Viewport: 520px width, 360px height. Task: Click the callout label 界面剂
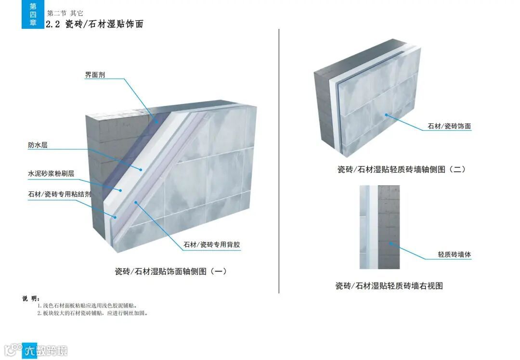click(95, 75)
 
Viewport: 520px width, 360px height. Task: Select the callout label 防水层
click(38, 145)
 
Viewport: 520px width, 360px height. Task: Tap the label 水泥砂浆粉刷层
click(51, 173)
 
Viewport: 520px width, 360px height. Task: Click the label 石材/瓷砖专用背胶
click(212, 244)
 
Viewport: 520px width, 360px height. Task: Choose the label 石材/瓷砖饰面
click(449, 127)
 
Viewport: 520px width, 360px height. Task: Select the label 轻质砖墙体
click(454, 254)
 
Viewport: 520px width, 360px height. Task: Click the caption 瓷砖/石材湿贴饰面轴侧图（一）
click(170, 271)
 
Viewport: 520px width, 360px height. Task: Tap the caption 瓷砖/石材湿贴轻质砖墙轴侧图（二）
click(401, 169)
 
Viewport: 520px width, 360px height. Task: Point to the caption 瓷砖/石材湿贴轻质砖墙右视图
click(389, 286)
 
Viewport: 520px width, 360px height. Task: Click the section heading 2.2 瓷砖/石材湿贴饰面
click(94, 24)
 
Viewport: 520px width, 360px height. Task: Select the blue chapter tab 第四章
click(33, 14)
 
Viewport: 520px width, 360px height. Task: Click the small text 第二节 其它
click(65, 13)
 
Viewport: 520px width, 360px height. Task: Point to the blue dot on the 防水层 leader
click(142, 169)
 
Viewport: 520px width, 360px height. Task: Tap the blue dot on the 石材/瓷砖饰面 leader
click(387, 115)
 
